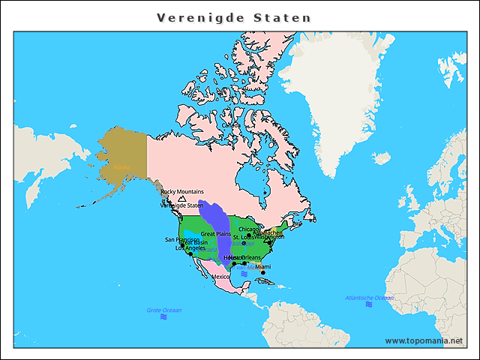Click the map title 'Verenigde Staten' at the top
click(234, 16)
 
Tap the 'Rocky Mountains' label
click(182, 192)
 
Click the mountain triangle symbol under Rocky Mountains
click(182, 199)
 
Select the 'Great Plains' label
click(216, 234)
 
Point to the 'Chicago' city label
click(249, 229)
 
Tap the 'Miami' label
click(263, 266)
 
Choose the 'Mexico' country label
click(220, 277)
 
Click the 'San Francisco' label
click(182, 239)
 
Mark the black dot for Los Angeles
click(191, 253)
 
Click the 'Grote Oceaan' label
click(163, 310)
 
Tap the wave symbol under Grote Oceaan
click(163, 318)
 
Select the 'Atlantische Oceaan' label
click(370, 298)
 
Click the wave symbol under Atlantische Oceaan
click(370, 306)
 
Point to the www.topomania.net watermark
click(424, 340)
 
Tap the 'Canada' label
click(241, 125)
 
